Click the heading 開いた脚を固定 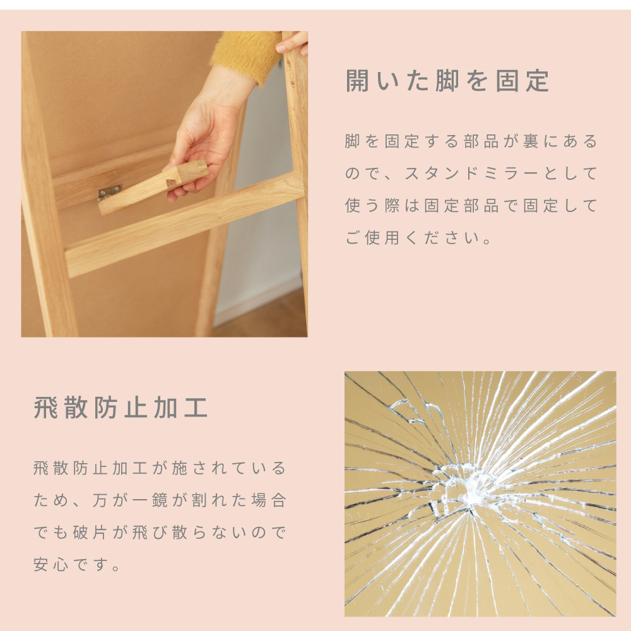pos(447,81)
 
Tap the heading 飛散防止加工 pos(121,407)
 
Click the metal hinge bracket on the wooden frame pos(109,192)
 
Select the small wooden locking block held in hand pos(153,187)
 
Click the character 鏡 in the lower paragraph pos(160,500)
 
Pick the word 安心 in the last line pos(50,565)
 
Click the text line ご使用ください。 pos(418,238)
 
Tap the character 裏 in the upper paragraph pos(531,141)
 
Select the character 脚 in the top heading pos(447,81)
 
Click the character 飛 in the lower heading pos(45,407)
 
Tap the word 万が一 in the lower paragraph pos(119,500)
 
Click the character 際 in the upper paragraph pos(392,206)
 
